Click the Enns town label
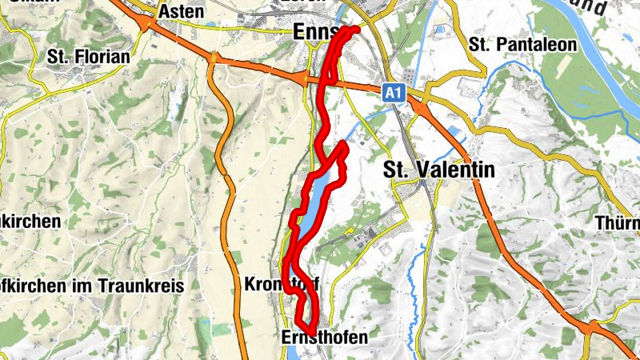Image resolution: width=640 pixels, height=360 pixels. (x=313, y=31)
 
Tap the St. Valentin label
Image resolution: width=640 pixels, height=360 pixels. (x=439, y=170)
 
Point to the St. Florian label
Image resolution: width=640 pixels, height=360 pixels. (x=88, y=57)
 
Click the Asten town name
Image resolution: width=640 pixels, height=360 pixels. (x=182, y=12)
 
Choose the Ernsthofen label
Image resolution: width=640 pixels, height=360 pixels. (x=325, y=338)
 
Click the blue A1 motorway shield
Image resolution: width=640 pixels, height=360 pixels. (x=392, y=94)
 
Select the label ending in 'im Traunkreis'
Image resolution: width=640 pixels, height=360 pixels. (x=92, y=286)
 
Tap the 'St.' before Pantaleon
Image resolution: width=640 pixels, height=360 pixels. (x=482, y=45)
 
